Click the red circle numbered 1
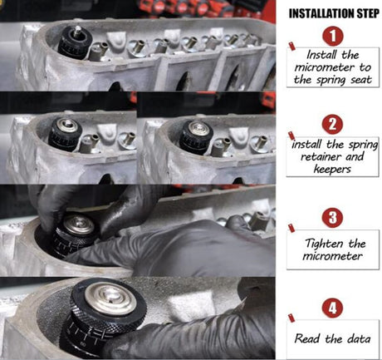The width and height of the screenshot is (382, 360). (x=332, y=36)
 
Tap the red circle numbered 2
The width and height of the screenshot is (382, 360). (x=332, y=125)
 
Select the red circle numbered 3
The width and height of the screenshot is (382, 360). (x=332, y=218)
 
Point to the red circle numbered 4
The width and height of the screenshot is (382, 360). (x=332, y=308)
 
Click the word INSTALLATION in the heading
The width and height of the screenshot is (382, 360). (x=320, y=13)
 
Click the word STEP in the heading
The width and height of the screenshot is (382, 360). (x=366, y=13)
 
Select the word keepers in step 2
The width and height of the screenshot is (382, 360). (x=332, y=169)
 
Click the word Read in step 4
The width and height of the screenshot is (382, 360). (x=306, y=338)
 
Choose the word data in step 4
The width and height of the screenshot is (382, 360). (x=358, y=338)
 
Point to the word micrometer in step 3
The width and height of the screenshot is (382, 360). (x=332, y=256)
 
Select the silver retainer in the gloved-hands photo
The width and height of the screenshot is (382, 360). (x=79, y=224)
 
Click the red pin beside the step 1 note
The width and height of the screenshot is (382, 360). (x=291, y=46)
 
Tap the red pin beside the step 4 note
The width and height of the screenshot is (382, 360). (x=291, y=318)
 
